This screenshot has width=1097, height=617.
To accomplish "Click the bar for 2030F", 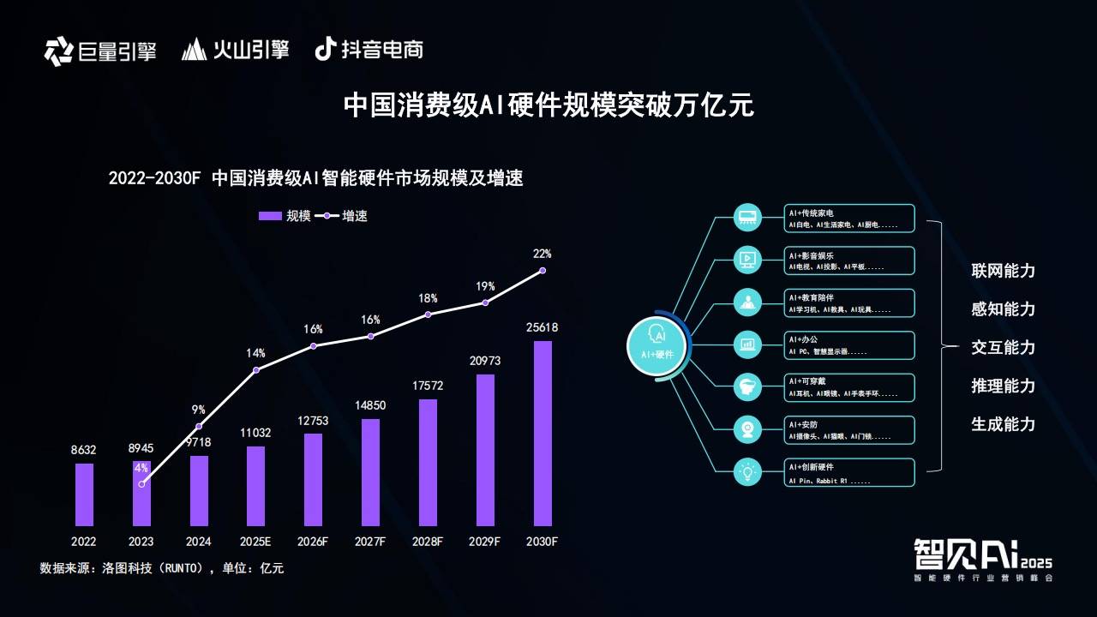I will pos(543,433).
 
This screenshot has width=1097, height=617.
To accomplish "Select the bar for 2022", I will pos(84,494).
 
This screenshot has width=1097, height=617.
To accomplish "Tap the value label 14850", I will pos(370,405).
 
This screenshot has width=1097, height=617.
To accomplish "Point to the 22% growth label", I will pos(542,254).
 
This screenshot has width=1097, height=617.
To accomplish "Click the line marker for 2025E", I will pos(255,370).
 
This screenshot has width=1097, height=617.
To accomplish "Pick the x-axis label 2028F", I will pos(428,542).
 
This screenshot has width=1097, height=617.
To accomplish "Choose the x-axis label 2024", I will pos(198,542).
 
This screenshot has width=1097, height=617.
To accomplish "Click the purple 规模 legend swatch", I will pos(270,216).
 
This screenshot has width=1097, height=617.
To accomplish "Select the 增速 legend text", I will pos(355,216).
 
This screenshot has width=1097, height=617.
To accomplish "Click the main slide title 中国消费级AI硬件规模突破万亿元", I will pos(548,105).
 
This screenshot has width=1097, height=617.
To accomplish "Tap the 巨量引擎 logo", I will pos(100,51).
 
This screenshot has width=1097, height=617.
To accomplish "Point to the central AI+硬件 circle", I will pos(657,346).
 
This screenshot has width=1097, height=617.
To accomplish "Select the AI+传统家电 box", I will pos(849,218).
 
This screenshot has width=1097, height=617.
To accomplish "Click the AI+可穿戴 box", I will pos(849,387).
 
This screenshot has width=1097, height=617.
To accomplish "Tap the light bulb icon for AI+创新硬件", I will pos(747,472).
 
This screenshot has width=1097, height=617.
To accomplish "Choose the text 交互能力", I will pos(1003,347).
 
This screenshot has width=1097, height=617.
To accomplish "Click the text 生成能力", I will pos(1003,424).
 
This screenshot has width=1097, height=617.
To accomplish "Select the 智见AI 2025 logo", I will pos(982,559).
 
